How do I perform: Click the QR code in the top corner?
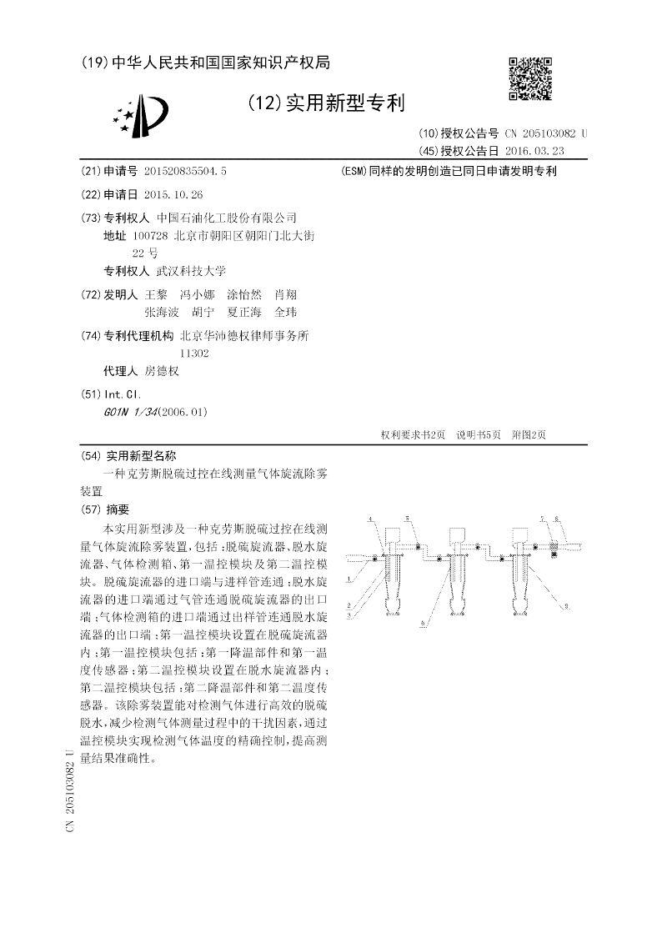click(x=530, y=78)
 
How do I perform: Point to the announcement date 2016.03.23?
click(x=534, y=150)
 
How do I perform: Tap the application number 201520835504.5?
click(x=185, y=171)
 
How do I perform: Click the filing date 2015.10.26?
click(x=173, y=193)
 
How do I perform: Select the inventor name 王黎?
click(x=156, y=295)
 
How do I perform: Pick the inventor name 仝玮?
click(x=285, y=312)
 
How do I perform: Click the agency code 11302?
click(x=194, y=354)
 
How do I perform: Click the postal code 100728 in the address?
click(x=138, y=236)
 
